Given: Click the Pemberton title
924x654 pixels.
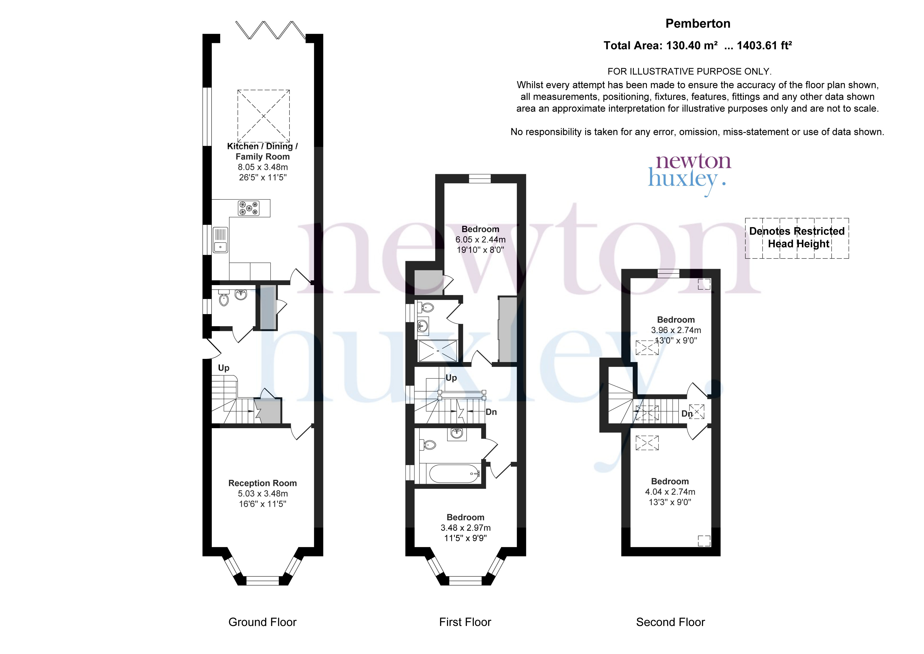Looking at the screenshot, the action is pos(698,24).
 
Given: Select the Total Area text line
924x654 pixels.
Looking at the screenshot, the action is pos(698,46).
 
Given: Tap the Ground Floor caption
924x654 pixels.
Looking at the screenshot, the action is pos(262,622).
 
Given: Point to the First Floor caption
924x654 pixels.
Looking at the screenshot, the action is pos(465,622).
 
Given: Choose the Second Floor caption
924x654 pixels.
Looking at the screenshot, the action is pos(670,622).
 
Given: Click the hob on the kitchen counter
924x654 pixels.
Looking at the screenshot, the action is pos(249,208).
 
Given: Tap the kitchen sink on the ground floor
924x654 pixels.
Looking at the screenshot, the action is pos(220,240).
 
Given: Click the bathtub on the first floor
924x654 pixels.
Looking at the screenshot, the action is pos(454,474).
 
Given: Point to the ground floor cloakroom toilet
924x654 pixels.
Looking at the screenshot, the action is pos(223,298).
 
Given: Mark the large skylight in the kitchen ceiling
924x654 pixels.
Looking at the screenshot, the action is pos(264,116).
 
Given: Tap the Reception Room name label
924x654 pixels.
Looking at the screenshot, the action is pos(262,483).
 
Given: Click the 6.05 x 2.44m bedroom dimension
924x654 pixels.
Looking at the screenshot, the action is pos(480,240).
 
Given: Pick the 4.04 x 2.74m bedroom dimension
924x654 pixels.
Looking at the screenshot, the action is pos(670,492).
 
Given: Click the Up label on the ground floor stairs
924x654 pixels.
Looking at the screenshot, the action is pos(224,368).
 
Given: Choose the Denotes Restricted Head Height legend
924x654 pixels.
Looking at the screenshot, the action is pos(797,238).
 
